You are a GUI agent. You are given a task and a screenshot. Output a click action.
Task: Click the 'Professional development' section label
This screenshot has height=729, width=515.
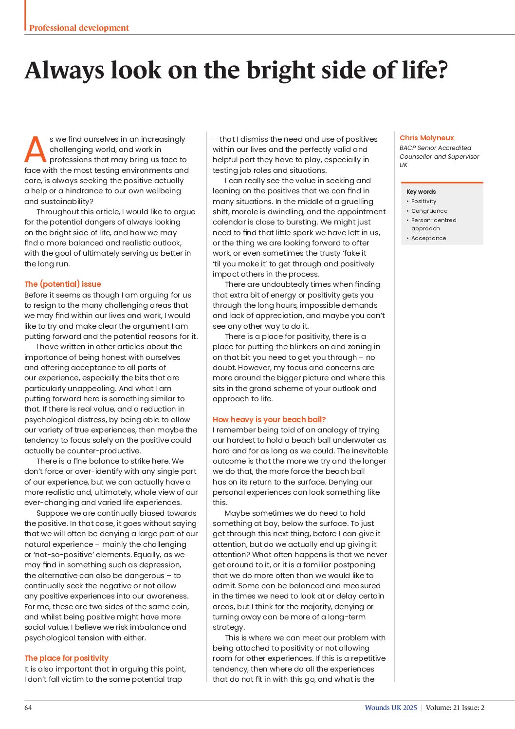click(x=79, y=28)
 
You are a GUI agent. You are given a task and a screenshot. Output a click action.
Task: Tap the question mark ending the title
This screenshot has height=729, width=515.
click(x=442, y=70)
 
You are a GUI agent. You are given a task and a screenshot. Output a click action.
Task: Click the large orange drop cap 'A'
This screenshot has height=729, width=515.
click(x=36, y=150)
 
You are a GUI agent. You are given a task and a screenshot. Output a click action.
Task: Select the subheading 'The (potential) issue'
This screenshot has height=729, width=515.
click(x=63, y=284)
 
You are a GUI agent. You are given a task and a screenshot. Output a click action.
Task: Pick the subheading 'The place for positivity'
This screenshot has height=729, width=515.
click(x=66, y=658)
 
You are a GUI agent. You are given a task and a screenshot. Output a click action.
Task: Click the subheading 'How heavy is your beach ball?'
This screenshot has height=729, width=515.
click(x=269, y=419)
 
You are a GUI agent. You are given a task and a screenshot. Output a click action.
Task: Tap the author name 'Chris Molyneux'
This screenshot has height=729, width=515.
click(x=426, y=138)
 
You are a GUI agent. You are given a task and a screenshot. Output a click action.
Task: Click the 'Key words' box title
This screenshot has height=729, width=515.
click(x=421, y=192)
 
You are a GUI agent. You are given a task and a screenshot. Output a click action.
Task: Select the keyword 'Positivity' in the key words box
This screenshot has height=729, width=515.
click(x=423, y=201)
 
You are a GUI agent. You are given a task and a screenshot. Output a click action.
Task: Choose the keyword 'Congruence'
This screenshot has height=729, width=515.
click(x=429, y=211)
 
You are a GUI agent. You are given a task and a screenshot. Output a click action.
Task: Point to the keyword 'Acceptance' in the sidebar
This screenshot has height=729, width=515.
click(x=428, y=238)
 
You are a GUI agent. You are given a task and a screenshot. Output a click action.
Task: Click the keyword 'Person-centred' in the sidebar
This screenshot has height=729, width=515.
click(x=434, y=220)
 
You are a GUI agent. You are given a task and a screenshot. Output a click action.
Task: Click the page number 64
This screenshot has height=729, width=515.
click(x=28, y=708)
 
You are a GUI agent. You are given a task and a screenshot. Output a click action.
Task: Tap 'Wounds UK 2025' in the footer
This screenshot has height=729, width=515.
click(x=391, y=708)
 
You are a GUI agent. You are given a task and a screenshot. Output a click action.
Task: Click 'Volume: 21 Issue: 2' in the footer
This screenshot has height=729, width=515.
click(x=455, y=708)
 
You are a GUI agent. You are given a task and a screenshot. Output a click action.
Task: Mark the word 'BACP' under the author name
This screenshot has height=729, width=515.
click(x=408, y=148)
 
